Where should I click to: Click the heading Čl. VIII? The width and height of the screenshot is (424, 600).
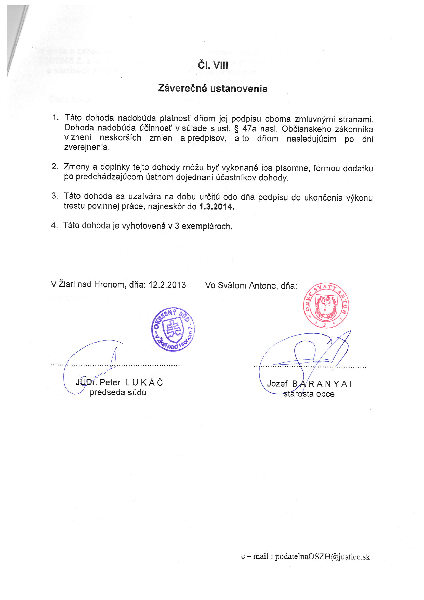coord(213,65)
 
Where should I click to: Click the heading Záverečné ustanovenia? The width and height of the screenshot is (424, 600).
coord(213,89)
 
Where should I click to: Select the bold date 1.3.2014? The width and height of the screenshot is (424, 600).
coord(216,207)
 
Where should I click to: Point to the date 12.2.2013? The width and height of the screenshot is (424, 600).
coord(167,285)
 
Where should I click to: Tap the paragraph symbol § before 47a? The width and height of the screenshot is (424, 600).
coord(236,129)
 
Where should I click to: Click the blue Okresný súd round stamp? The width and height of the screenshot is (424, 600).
coord(173,329)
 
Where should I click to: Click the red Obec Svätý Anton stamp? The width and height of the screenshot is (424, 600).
coord(326,305)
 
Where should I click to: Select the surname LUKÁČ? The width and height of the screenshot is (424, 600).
coord(144,383)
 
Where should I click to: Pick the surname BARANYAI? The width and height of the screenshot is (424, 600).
coord(322,384)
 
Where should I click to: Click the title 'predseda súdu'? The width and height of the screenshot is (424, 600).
coord(118,393)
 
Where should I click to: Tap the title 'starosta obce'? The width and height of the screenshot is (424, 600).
coord(309,394)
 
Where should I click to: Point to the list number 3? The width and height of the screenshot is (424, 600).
coord(54,196)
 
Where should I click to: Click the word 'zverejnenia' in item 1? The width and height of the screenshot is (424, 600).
coord(87,147)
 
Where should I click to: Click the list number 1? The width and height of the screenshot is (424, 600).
coord(55,118)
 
